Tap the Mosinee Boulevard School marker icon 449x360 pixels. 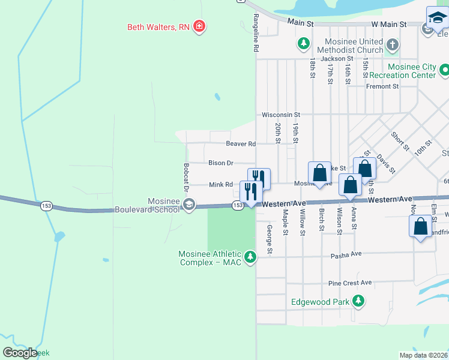pyautogui.click(x=188, y=205)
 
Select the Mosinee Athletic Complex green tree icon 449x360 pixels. pyautogui.click(x=250, y=257)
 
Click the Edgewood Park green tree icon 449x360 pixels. pyautogui.click(x=358, y=301)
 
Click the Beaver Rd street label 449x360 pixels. pyautogui.click(x=241, y=144)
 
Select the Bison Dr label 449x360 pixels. pyautogui.click(x=220, y=163)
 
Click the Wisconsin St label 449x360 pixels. pyautogui.click(x=280, y=115)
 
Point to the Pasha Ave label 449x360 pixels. pyautogui.click(x=346, y=254)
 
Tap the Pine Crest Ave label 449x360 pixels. pyautogui.click(x=350, y=283)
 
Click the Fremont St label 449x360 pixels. pyautogui.click(x=382, y=86)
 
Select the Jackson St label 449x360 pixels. pyautogui.click(x=336, y=59)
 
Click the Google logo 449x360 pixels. pyautogui.click(x=20, y=353)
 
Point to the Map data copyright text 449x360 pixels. pyautogui.click(x=423, y=355)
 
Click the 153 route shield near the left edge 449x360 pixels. pyautogui.click(x=46, y=206)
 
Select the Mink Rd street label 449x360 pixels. pyautogui.click(x=220, y=185)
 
